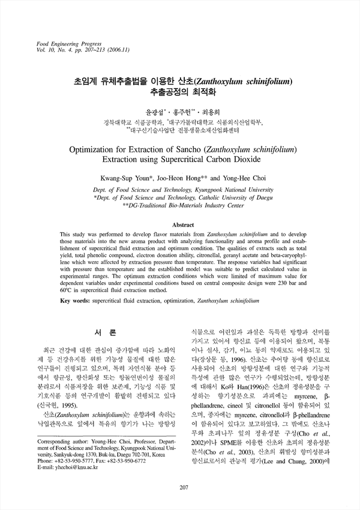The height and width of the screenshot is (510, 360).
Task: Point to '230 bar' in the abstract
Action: click(x=287, y=281)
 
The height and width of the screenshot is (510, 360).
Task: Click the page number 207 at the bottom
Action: click(x=180, y=487)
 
